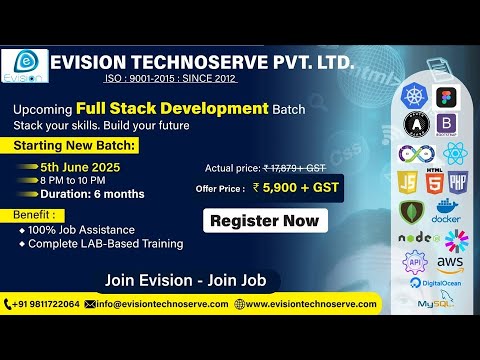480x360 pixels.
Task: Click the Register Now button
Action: (265, 220)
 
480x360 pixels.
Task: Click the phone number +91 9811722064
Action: (43, 304)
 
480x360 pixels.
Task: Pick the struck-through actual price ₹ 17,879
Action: (295, 168)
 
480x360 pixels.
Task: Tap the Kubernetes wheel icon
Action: (413, 97)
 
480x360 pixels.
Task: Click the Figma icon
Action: (446, 98)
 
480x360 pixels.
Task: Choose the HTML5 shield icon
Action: (435, 183)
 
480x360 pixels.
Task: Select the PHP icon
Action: (458, 183)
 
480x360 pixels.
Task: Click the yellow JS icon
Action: (409, 183)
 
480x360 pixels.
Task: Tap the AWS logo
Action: (450, 263)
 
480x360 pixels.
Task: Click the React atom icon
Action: (455, 154)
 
